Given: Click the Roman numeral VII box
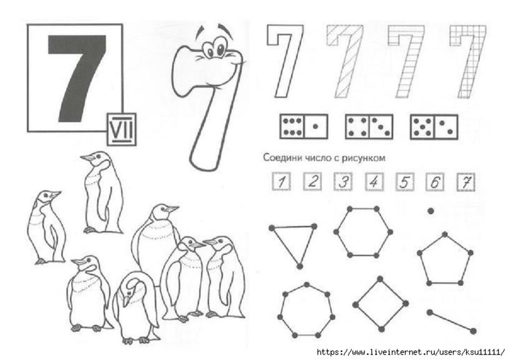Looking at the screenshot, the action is click(x=122, y=129).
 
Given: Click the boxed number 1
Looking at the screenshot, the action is click(x=281, y=181).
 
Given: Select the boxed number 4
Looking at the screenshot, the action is click(x=375, y=181).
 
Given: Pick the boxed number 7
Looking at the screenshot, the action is click(x=466, y=182).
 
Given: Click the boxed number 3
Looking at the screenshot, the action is click(x=343, y=181).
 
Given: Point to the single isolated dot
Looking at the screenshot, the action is click(x=431, y=212).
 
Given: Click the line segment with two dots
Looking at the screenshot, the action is click(x=451, y=322).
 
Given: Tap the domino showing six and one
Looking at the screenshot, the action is click(x=304, y=126).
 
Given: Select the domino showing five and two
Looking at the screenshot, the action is click(x=434, y=127).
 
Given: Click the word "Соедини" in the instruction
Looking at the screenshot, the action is click(x=283, y=158).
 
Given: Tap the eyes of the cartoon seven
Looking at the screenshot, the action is click(x=215, y=48).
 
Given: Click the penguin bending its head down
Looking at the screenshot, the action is click(x=137, y=308).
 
